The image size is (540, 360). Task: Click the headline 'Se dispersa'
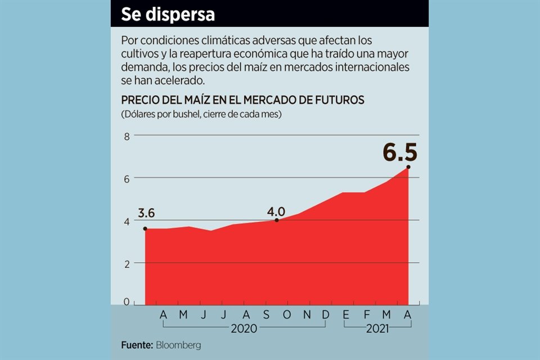(x=168, y=15)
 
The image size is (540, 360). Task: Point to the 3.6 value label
(x=146, y=214)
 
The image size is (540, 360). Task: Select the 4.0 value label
(x=276, y=211)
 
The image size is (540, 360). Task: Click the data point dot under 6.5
(x=408, y=167)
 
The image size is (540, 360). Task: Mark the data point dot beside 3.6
(x=145, y=228)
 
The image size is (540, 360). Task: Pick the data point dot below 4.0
(x=277, y=220)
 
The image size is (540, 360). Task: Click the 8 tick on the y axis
(x=127, y=136)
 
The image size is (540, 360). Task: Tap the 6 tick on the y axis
(x=127, y=178)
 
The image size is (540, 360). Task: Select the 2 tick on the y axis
(x=127, y=263)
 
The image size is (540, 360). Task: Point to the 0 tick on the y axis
(x=127, y=302)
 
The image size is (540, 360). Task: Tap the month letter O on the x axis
(x=286, y=316)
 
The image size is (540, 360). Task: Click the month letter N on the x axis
(x=307, y=316)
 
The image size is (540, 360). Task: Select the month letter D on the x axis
(x=326, y=316)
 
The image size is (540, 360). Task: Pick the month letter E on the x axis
(x=346, y=316)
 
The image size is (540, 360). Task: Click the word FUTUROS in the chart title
(x=340, y=100)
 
